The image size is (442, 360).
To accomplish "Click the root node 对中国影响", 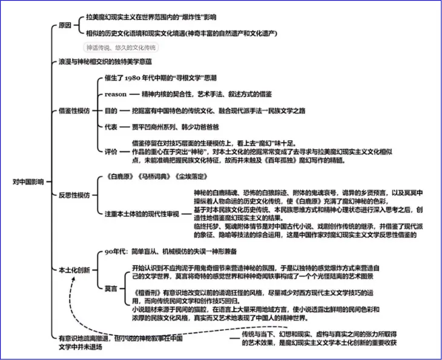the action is (28, 181).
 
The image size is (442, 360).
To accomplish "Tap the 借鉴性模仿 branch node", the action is (74, 111).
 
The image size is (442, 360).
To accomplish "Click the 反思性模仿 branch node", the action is (74, 195).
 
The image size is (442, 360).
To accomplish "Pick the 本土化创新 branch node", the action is (74, 269).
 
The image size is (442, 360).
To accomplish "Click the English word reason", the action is (116, 94).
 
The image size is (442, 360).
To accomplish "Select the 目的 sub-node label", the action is (111, 111).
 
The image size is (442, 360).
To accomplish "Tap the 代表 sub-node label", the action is (111, 126).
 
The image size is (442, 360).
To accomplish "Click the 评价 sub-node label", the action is (111, 151).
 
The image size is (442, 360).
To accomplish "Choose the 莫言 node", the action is (111, 288).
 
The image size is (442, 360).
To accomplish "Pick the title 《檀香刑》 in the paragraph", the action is (146, 293).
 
